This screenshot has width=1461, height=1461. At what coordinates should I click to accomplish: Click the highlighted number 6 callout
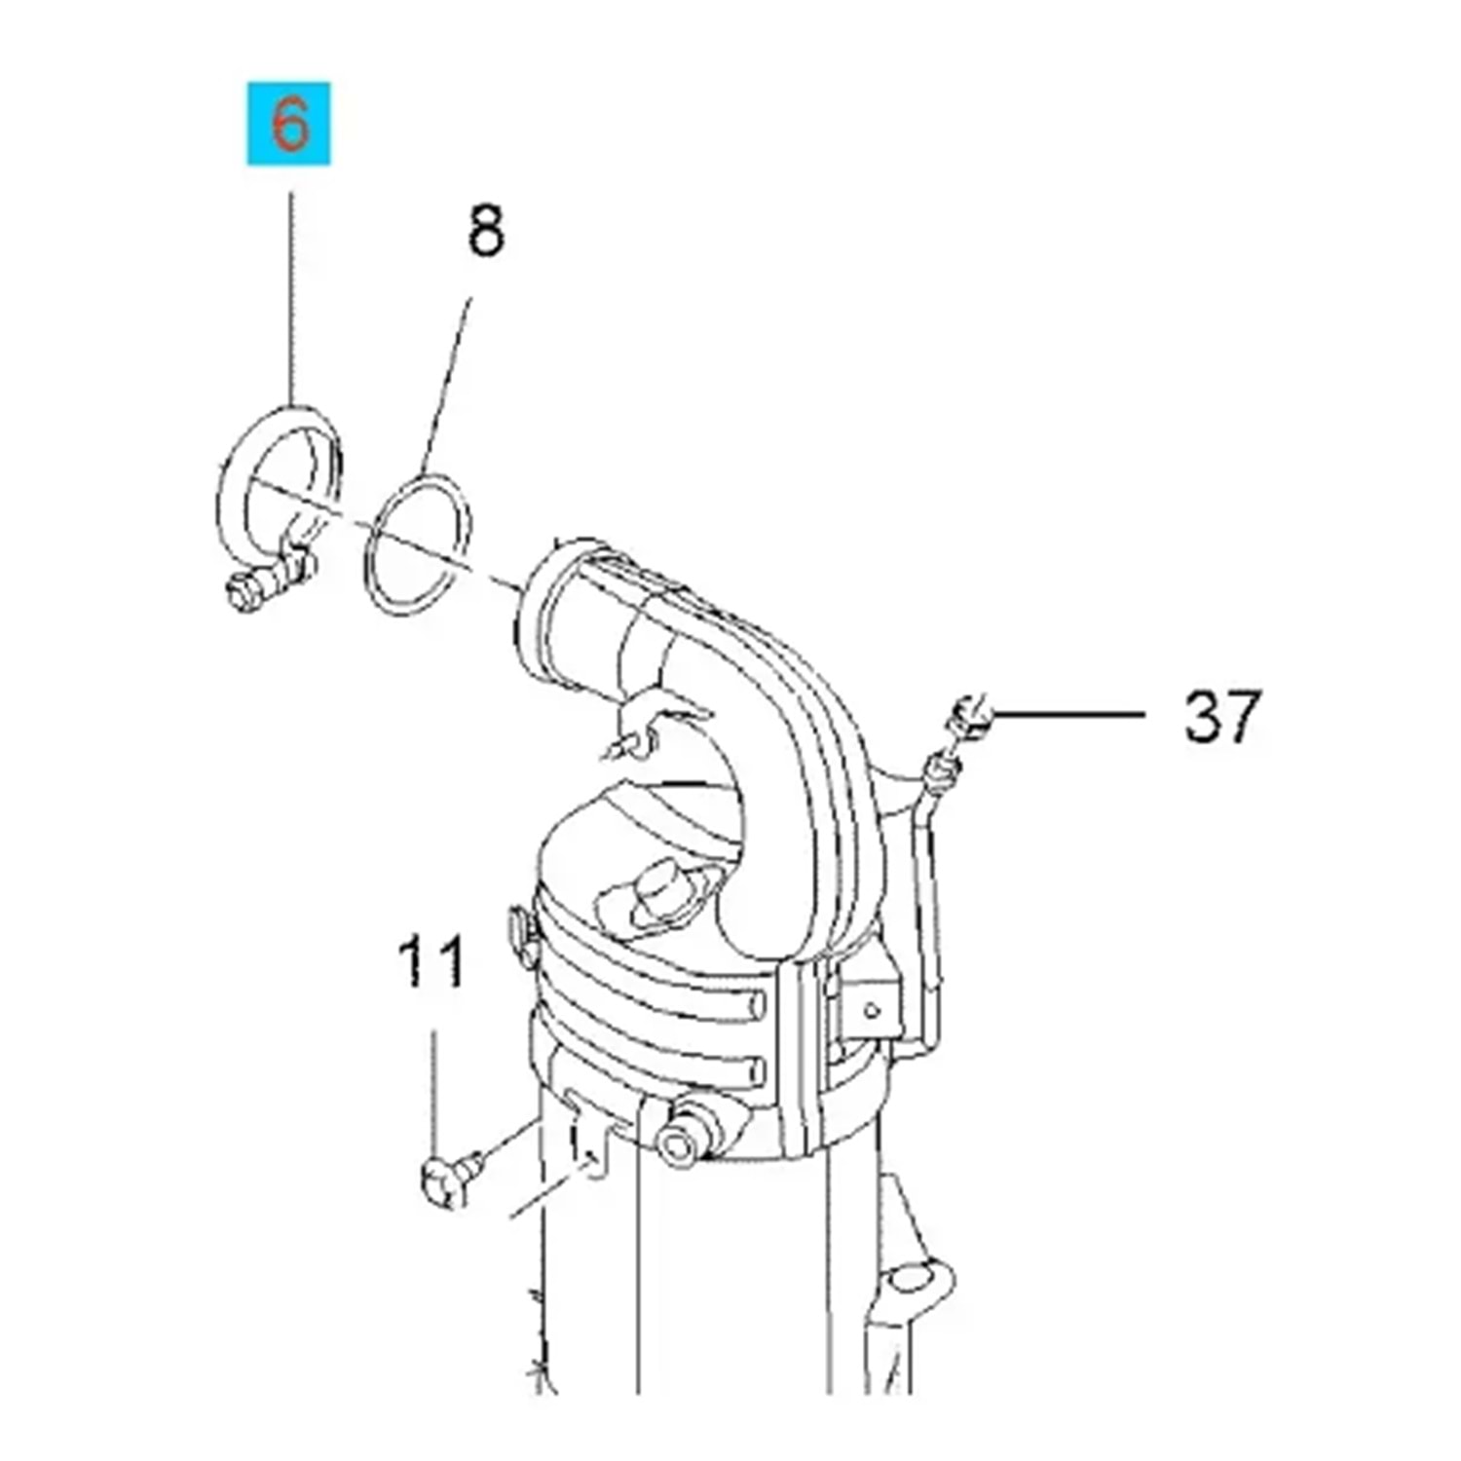[288, 125]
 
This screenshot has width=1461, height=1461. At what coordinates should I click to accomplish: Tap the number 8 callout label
[486, 232]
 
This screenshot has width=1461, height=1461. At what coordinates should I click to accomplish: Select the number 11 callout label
[431, 963]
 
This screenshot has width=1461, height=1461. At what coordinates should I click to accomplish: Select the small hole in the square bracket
[871, 1011]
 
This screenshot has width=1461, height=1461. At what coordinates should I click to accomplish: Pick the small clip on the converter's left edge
[519, 928]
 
